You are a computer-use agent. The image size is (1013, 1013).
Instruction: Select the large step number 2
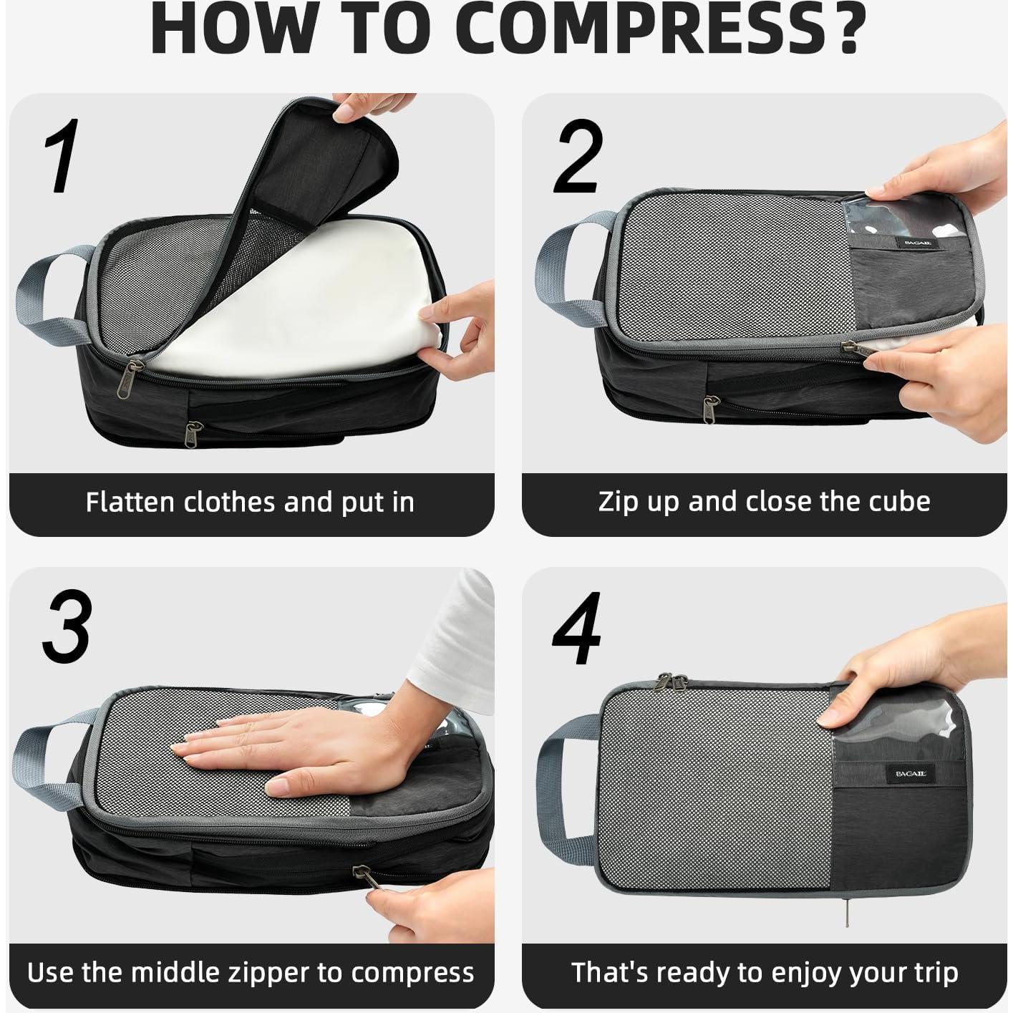577,157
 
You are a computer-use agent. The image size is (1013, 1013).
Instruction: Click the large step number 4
577,630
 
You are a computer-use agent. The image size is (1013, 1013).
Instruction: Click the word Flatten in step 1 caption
131,502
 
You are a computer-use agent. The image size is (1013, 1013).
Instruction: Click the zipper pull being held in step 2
856,349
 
